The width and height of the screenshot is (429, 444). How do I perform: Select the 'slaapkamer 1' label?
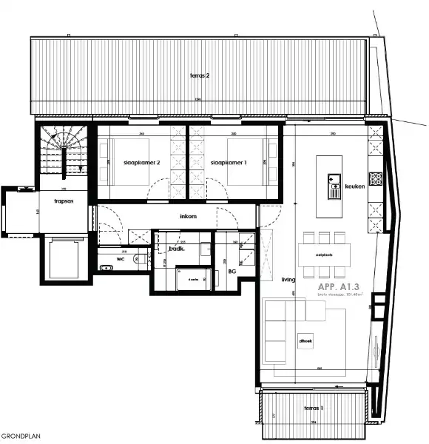pyautogui.click(x=228, y=162)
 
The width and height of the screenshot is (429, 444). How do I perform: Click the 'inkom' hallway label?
pyautogui.click(x=189, y=217)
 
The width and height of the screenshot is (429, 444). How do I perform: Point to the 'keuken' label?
pyautogui.click(x=355, y=186)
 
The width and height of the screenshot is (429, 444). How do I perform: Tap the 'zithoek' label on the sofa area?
pyautogui.click(x=305, y=340)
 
